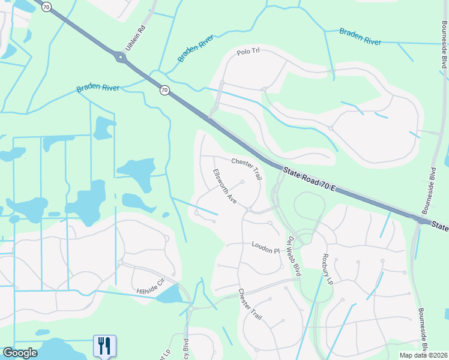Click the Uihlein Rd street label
[136, 37]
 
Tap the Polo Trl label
[247, 52]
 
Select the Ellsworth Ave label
[225, 186]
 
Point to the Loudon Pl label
[266, 247]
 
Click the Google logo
[20, 353]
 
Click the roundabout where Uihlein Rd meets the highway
[121, 58]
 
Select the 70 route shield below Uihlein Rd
[164, 91]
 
